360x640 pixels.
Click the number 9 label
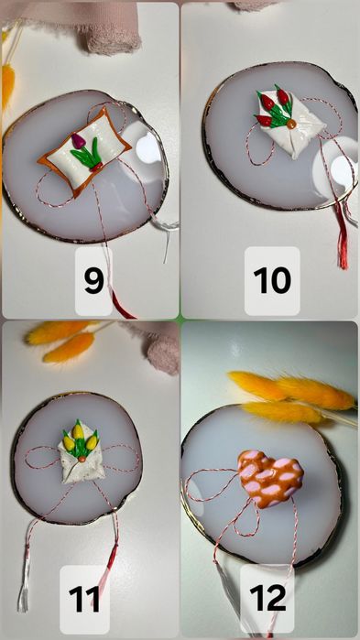pyautogui.click(x=93, y=281)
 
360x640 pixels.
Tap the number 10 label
pyautogui.click(x=272, y=280)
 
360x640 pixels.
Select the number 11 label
pyautogui.click(x=84, y=599)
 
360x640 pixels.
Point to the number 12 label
pyautogui.click(x=267, y=598)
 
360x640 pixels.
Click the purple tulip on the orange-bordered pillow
pyautogui.click(x=79, y=141)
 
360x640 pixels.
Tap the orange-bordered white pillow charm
pyautogui.click(x=84, y=150)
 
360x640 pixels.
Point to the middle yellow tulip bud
pyautogui.click(x=78, y=431)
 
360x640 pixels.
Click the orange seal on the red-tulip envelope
pyautogui.click(x=291, y=124)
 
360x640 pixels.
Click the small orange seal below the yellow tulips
pyautogui.click(x=82, y=460)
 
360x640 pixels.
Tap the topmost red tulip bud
pyautogui.click(x=282, y=96)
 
